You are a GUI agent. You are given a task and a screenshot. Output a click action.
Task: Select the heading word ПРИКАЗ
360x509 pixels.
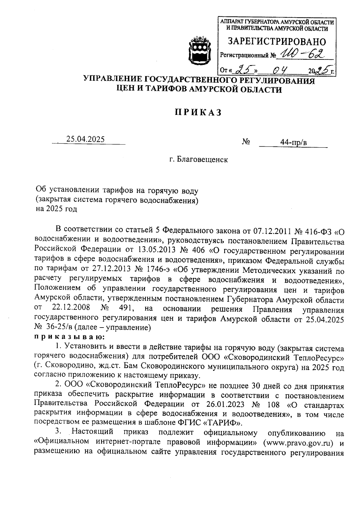pos(198,112)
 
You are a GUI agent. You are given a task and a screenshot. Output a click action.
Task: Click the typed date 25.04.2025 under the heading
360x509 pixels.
pos(85,139)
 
